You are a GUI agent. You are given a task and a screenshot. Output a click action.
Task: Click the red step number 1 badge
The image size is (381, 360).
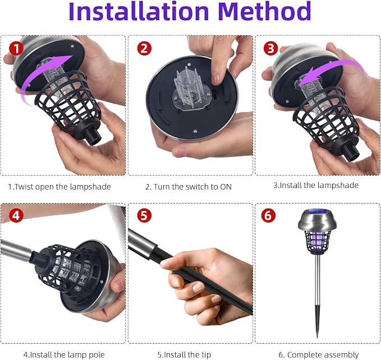(16, 48)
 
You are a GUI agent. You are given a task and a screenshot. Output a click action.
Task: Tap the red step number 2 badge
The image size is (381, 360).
(144, 48)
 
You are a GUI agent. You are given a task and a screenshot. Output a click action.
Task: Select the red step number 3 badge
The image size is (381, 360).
(270, 48)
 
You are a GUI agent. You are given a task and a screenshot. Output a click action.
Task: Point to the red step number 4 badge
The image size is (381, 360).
(16, 215)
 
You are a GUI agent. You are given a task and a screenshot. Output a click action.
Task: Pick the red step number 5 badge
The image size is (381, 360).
(144, 215)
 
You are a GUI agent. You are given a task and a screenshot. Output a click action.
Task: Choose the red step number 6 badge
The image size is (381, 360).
(268, 215)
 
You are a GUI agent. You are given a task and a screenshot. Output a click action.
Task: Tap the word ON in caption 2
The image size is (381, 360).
(226, 187)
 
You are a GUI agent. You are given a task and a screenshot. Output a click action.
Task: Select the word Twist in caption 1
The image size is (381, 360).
(24, 187)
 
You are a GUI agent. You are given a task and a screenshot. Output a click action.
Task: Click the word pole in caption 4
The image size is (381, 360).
(96, 355)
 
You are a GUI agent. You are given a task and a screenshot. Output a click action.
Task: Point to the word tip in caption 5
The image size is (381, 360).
(205, 355)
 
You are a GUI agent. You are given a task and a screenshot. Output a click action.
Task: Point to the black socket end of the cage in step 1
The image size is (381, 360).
(93, 137)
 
